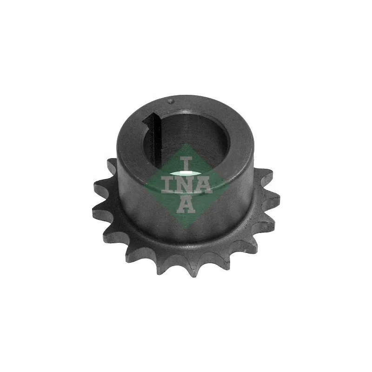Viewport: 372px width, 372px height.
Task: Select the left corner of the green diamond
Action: pyautogui.click(x=145, y=186)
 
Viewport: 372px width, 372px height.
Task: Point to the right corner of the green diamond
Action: pyautogui.click(x=228, y=186)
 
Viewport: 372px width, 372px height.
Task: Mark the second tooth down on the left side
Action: pyautogui.click(x=99, y=186)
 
